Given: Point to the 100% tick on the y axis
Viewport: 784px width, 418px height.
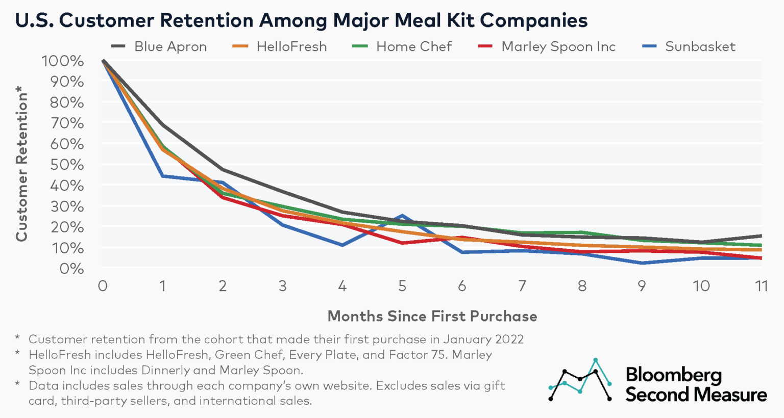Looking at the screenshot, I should tap(62, 61).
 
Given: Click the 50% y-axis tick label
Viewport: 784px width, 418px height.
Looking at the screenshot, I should tap(66, 165).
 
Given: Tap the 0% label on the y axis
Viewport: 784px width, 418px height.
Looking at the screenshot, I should tap(71, 269).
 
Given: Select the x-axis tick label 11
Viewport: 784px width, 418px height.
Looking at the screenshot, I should tap(761, 286).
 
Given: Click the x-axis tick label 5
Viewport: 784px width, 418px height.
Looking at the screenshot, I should tap(402, 286).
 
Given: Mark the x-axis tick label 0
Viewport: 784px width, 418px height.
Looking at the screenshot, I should tap(103, 286).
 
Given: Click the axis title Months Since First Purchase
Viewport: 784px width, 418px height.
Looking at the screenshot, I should tap(432, 316).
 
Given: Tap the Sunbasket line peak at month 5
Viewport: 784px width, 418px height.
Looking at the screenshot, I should tap(402, 216).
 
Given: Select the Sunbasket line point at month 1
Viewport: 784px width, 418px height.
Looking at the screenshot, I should tap(163, 176).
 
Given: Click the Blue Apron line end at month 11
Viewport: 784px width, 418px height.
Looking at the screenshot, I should tap(761, 236).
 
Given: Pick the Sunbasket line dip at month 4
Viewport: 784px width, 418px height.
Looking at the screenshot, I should tap(342, 245).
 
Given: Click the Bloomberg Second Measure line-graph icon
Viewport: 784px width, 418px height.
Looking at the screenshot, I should tap(580, 380).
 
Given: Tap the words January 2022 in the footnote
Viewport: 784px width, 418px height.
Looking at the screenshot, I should tap(483, 339).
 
